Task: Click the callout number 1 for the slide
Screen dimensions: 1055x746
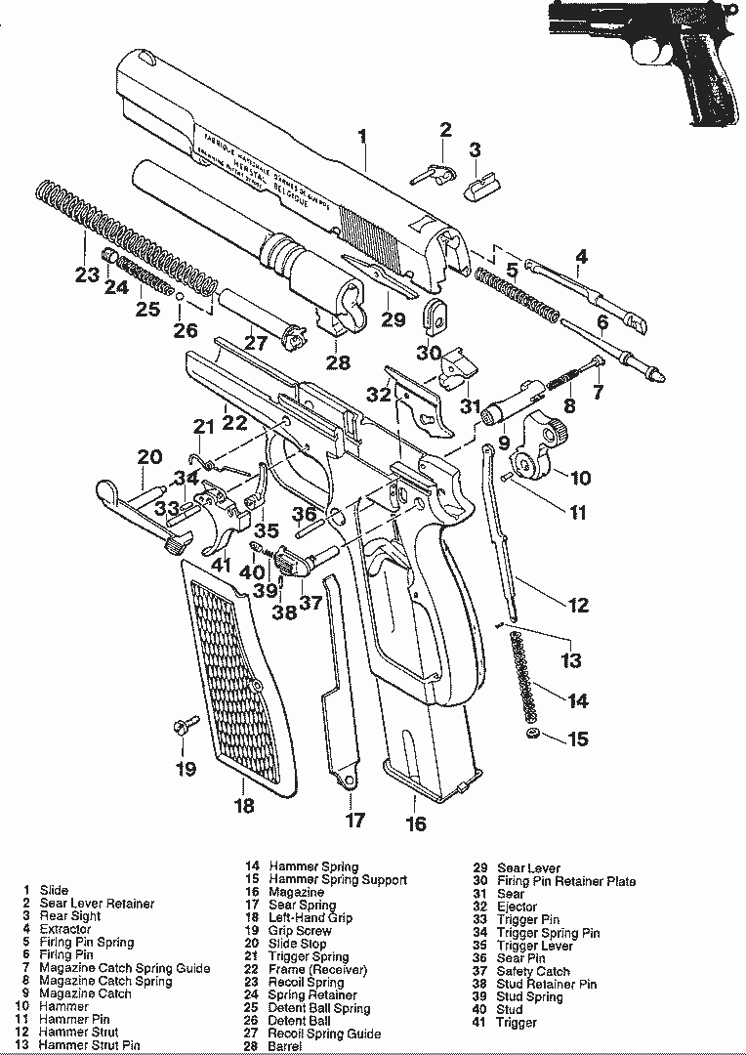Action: [x=362, y=137]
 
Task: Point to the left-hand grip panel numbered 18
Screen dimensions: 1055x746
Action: [x=234, y=684]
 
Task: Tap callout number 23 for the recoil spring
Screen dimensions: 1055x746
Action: [x=87, y=275]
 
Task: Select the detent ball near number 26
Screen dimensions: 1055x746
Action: [x=181, y=296]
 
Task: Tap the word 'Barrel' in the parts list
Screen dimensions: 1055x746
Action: [x=285, y=1046]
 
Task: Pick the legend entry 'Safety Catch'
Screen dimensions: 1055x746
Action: [x=533, y=971]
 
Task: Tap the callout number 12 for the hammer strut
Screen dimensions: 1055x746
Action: [x=578, y=606]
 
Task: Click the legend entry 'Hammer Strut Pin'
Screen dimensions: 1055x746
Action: [x=90, y=1045]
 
